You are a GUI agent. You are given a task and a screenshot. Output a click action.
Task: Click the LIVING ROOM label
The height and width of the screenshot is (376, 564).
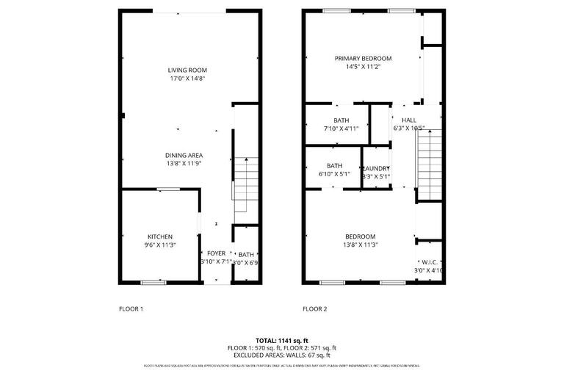tap(187, 70)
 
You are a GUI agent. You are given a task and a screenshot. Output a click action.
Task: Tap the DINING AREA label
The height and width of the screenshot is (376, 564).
tap(184, 155)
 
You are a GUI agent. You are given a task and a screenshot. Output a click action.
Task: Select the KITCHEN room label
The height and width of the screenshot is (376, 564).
tap(159, 236)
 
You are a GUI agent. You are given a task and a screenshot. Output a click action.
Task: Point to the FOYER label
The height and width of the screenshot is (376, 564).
tap(216, 253)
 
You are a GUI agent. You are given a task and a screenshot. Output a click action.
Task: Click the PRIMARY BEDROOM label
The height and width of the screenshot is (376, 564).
tap(363, 59)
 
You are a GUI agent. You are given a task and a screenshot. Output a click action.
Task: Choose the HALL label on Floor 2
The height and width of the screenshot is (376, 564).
tap(409, 120)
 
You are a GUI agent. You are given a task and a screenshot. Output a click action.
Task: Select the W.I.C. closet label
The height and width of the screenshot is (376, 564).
tap(430, 261)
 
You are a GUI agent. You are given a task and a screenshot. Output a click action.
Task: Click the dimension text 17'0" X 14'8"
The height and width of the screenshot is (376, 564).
tap(187, 79)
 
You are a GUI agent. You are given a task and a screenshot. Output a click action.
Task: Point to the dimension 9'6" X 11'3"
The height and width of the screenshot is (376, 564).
tap(159, 245)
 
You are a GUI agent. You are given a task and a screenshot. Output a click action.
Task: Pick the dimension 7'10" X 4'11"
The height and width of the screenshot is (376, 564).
tap(341, 128)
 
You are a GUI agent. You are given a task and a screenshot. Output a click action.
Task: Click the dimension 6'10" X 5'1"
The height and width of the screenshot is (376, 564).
tap(335, 174)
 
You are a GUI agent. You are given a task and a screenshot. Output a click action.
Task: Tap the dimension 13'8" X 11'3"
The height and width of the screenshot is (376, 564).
tap(361, 245)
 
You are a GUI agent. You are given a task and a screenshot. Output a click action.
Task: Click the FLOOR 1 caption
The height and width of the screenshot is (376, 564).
tap(131, 308)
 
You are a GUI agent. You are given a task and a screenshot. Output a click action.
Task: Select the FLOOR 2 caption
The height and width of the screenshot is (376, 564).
tap(315, 308)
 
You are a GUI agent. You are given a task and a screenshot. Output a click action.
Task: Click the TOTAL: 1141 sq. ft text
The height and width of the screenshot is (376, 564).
tap(281, 341)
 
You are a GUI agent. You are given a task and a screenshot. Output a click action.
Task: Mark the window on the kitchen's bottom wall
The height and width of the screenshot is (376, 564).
tap(153, 282)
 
